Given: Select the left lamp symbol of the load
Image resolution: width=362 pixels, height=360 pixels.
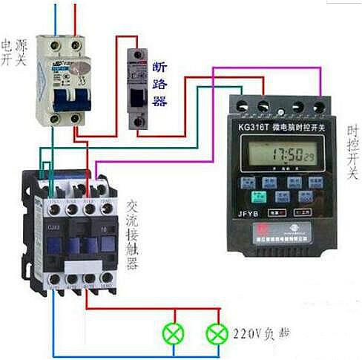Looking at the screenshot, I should point(174,333).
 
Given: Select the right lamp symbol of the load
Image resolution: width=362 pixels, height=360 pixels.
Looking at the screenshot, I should point(217,333).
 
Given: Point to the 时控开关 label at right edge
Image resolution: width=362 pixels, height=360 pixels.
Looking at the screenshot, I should point(352,153).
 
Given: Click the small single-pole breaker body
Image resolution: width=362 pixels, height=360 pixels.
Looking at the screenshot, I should point(140,89).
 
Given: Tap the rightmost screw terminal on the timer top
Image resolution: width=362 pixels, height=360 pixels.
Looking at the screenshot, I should point(320,105).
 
